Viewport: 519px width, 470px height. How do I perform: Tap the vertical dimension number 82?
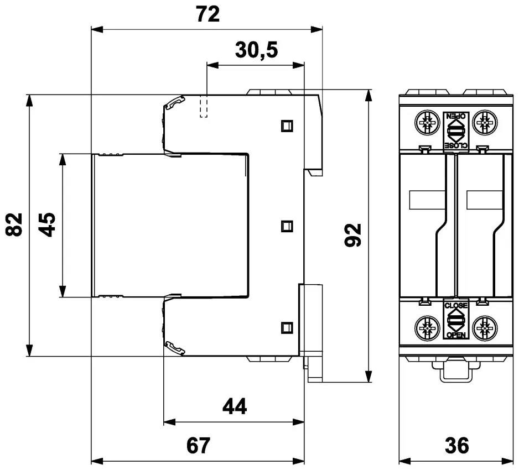[15, 224]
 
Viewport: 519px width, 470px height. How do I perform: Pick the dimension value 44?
[234, 408]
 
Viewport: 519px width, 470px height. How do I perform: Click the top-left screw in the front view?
[426, 123]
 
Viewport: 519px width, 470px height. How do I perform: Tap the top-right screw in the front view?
[485, 123]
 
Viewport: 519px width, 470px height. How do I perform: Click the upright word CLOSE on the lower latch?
[456, 305]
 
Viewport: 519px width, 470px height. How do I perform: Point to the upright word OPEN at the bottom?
[456, 336]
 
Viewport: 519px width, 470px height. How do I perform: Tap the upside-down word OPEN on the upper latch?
[456, 116]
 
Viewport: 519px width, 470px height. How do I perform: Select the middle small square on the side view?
[287, 226]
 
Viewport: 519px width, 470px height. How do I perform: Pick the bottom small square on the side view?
[287, 326]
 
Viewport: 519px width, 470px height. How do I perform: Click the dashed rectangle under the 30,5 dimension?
[204, 106]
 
